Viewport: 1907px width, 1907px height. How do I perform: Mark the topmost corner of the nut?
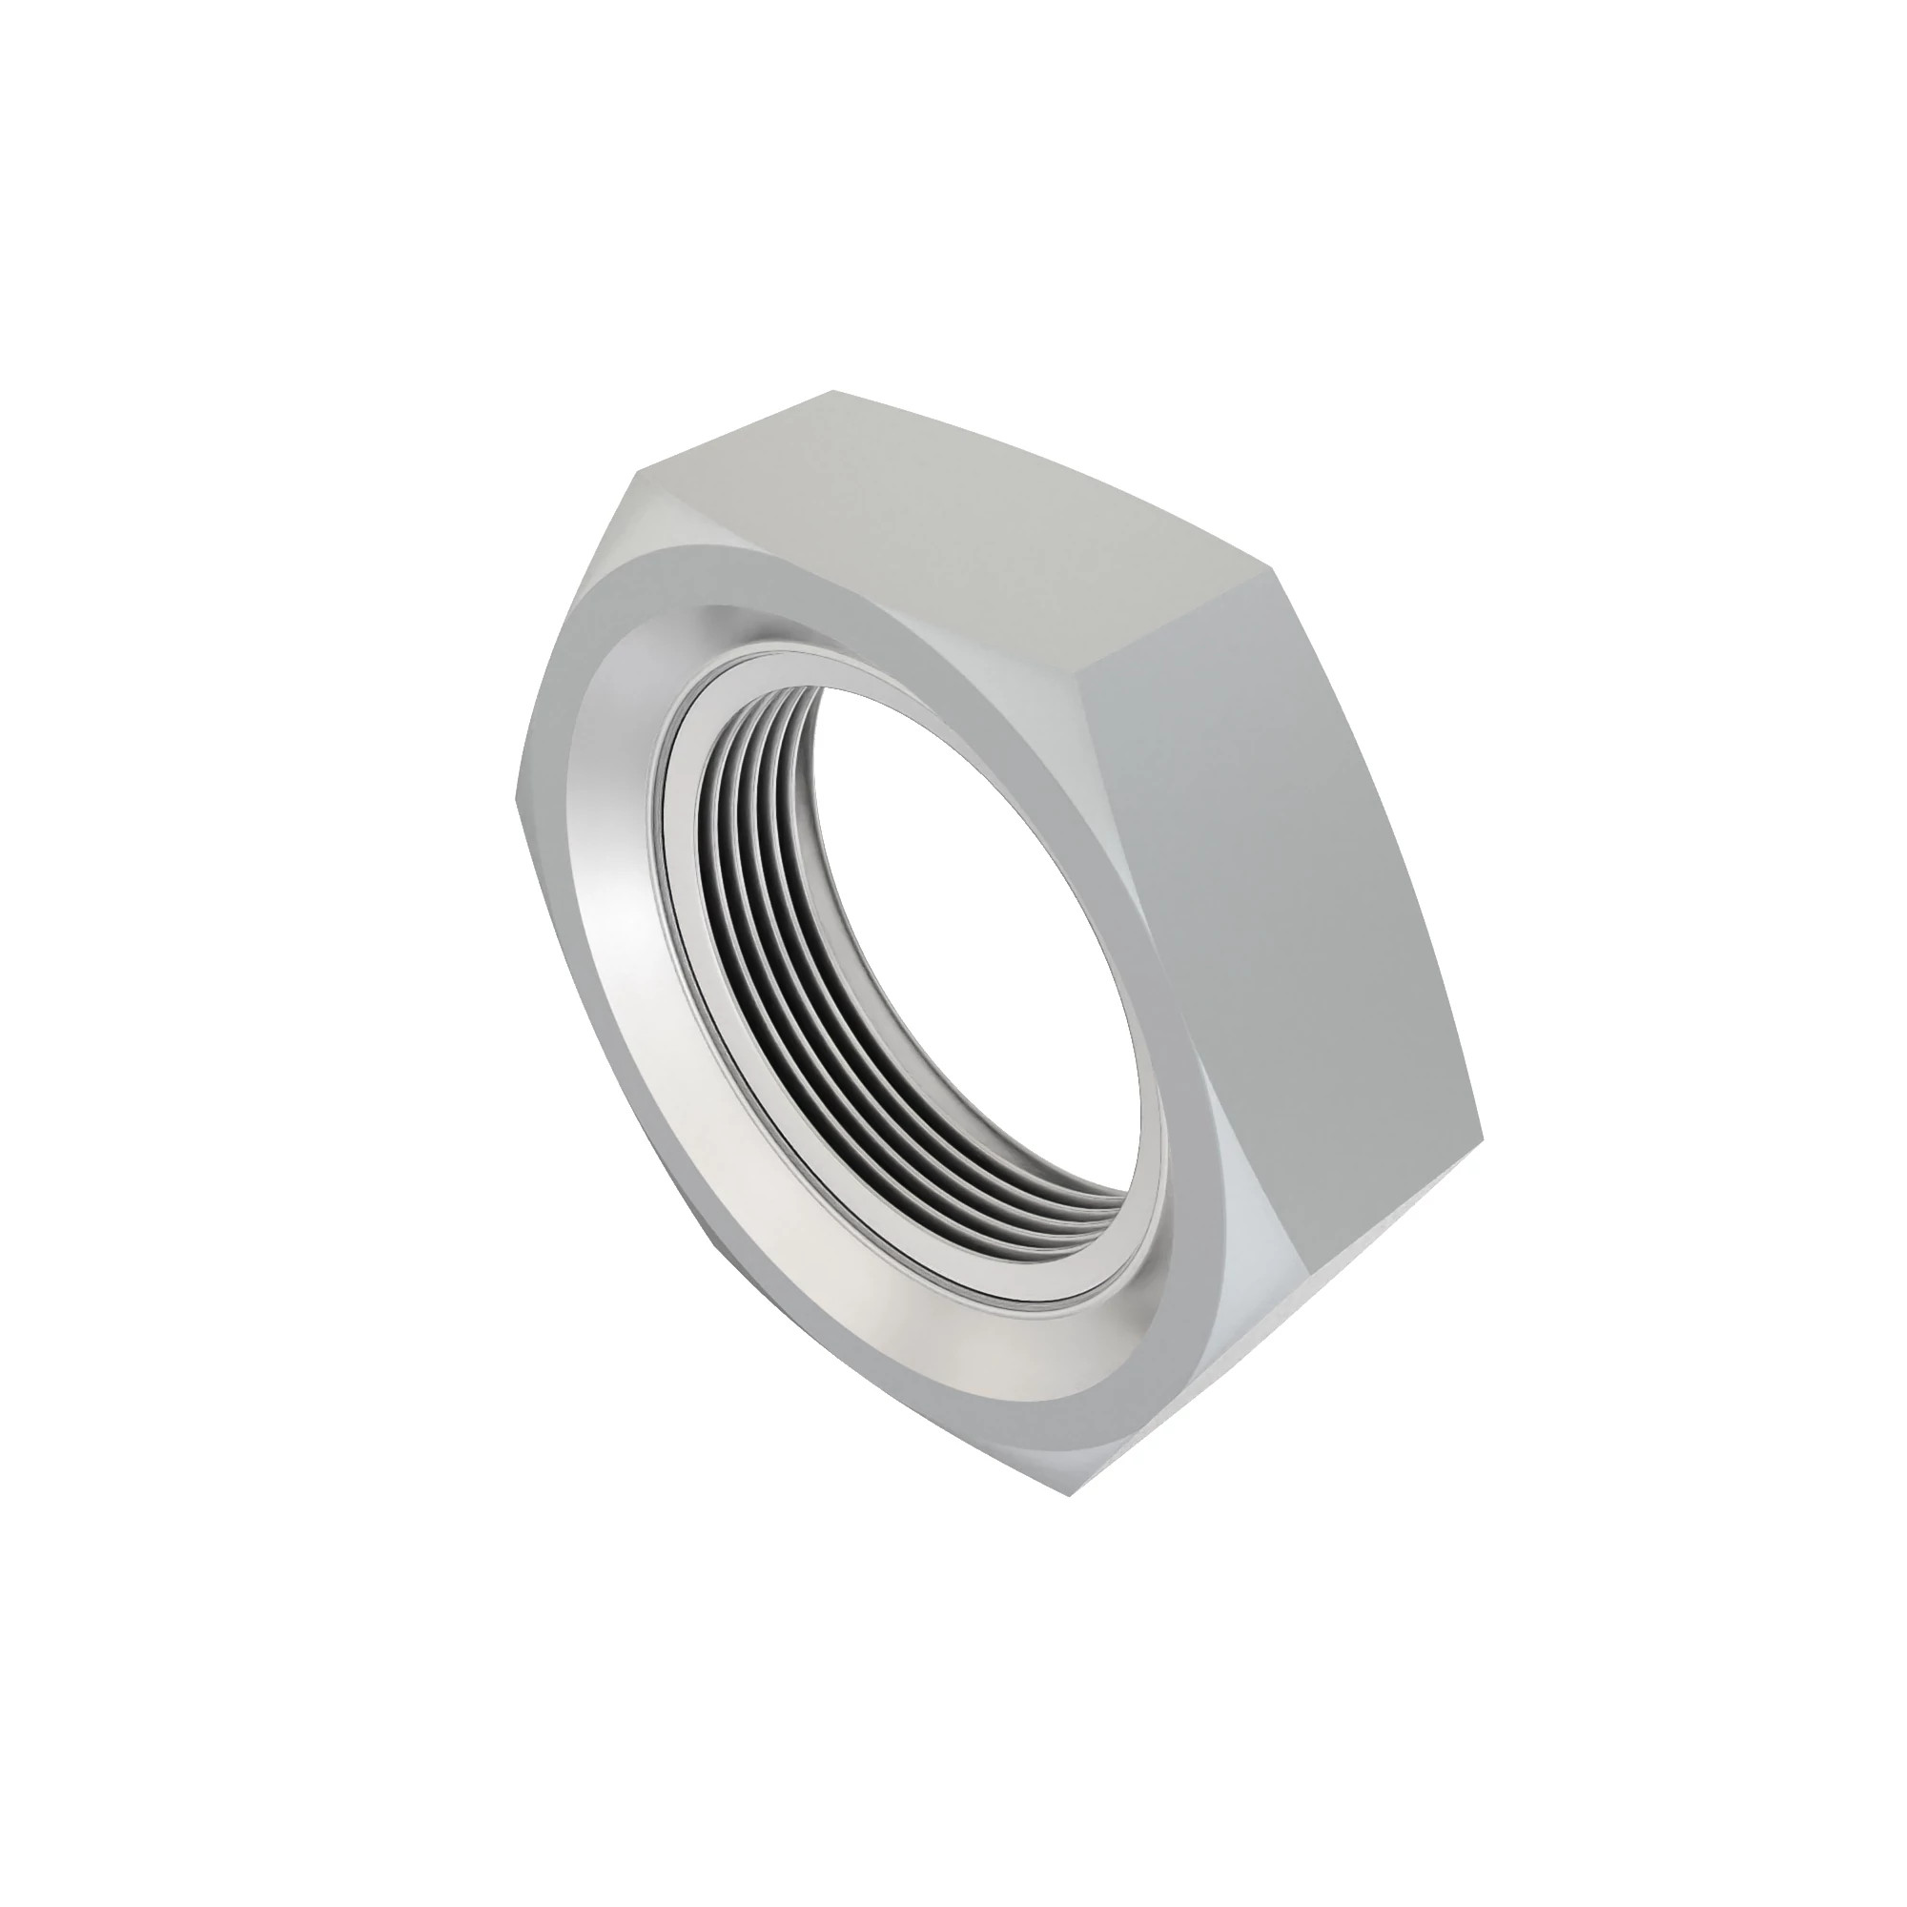point(827,393)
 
